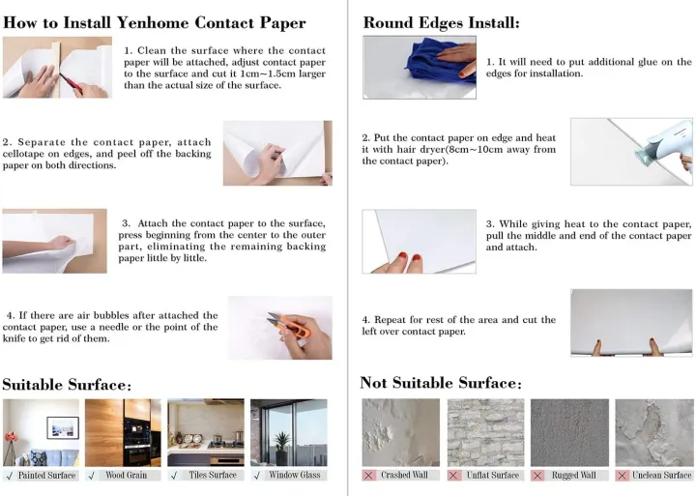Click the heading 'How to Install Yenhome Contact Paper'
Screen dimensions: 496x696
point(154,22)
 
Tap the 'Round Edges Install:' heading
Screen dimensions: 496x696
point(441,22)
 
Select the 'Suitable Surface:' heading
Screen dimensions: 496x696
point(67,384)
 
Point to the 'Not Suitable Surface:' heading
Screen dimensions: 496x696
point(440,383)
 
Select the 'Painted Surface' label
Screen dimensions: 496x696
point(46,475)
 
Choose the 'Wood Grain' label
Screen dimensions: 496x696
point(126,475)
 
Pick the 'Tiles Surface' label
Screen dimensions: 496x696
point(211,475)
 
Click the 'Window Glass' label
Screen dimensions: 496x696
point(294,475)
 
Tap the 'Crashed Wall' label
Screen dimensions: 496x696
point(405,475)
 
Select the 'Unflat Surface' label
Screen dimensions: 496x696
point(492,475)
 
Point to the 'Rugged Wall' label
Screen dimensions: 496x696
point(573,475)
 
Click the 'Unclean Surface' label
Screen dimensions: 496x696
point(661,475)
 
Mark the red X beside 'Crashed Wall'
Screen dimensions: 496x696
point(368,475)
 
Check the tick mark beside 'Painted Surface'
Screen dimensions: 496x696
point(9,475)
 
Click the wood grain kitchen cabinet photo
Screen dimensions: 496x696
point(123,432)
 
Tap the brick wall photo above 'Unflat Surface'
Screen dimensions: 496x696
point(484,432)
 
